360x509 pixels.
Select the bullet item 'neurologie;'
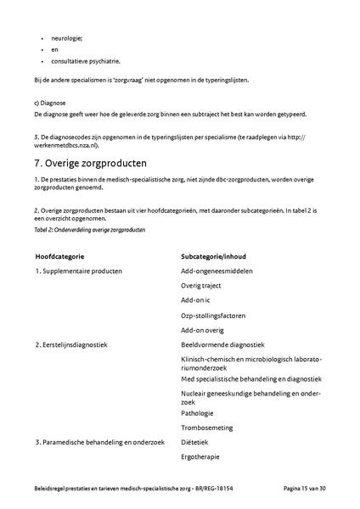[x=67, y=38]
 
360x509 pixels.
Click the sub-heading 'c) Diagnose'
[x=49, y=102]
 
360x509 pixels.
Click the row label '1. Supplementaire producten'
[x=79, y=271]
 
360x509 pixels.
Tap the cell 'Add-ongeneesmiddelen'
[x=216, y=271]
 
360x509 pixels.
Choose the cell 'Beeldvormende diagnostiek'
[x=223, y=344]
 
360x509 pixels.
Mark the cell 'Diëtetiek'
[x=195, y=442]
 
